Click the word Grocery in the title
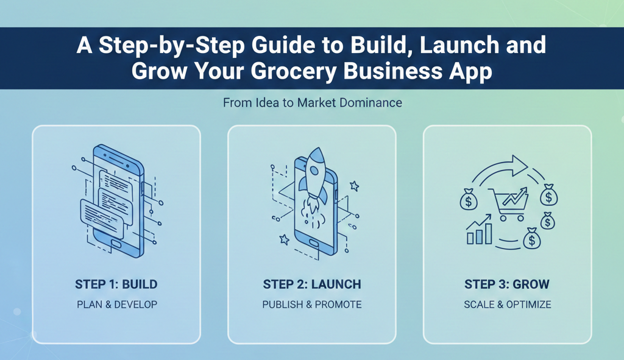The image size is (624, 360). pos(294,72)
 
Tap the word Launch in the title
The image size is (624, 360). pos(459,44)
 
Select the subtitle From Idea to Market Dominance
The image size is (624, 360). pos(313,102)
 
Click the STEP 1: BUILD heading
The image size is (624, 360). pos(116,284)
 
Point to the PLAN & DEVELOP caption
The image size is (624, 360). pos(117,305)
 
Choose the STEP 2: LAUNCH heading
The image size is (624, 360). pos(312,284)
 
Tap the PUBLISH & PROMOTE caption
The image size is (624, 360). pos(312,305)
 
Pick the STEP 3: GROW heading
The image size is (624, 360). pos(507,284)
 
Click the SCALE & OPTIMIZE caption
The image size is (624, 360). pos(508,305)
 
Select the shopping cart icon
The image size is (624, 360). pos(509,203)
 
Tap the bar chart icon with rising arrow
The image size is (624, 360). pos(479,230)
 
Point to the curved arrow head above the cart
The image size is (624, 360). pos(519,165)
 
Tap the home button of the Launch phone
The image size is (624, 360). pos(314,242)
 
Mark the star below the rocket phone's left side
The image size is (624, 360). pos(284,239)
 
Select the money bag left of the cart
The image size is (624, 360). pos(469,199)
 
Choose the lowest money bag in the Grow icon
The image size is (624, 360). pos(531,238)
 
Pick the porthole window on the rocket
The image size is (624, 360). pos(314,171)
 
